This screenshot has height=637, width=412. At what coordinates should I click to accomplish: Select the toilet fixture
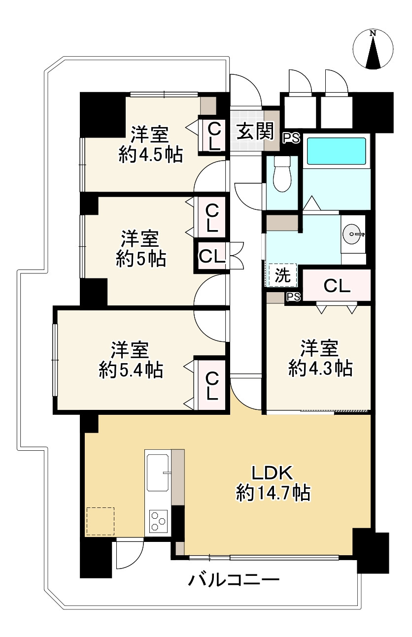(282, 174)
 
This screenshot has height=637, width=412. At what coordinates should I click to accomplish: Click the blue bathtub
(337, 151)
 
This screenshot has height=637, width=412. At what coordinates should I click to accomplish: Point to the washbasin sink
(353, 233)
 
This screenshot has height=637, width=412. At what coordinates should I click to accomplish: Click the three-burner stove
(158, 521)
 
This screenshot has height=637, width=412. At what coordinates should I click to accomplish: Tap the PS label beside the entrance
(291, 138)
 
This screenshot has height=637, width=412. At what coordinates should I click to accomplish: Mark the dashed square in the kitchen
(100, 521)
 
